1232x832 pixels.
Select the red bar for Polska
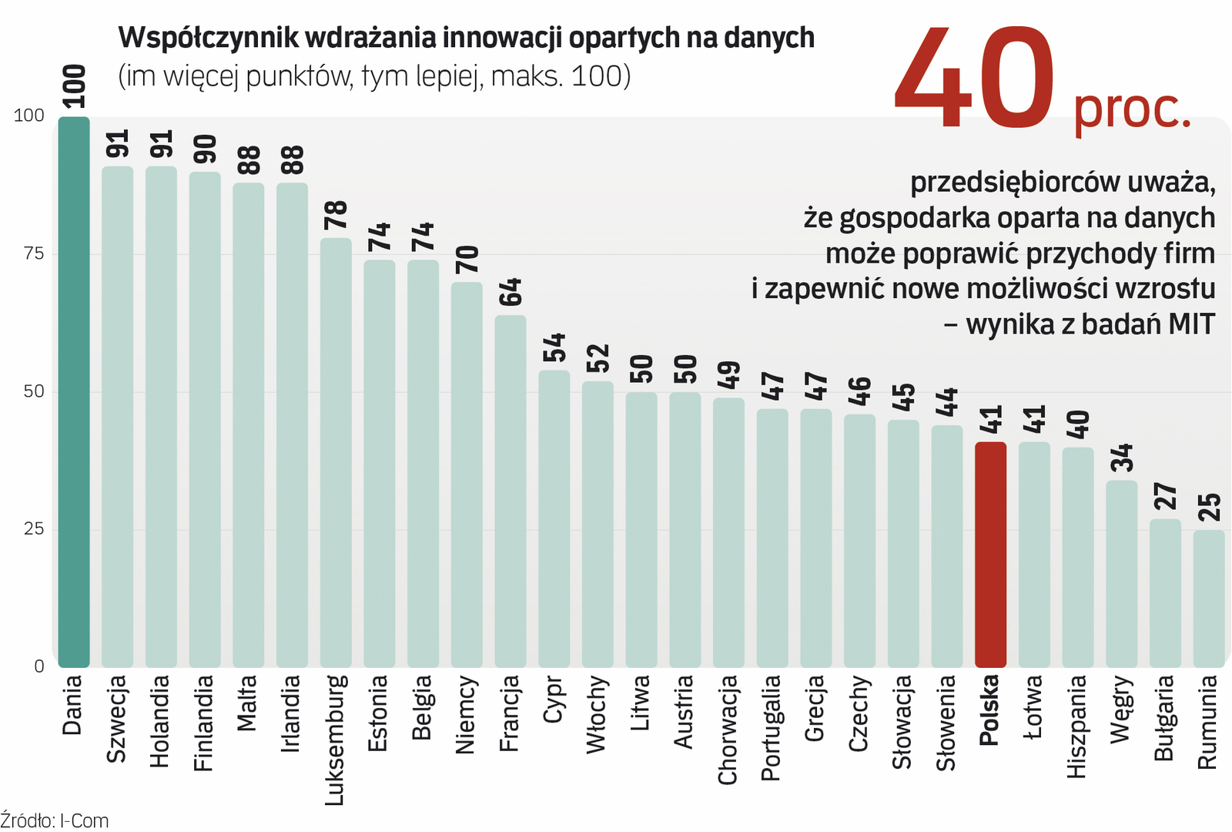(990, 554)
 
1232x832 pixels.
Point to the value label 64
(511, 292)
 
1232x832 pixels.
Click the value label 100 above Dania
(74, 86)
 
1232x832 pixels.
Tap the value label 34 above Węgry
(1122, 458)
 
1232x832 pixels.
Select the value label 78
(336, 215)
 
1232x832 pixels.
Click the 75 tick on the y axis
(34, 253)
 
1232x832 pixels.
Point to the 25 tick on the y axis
(34, 528)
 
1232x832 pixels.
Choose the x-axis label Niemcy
(466, 715)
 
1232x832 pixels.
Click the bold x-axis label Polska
(989, 710)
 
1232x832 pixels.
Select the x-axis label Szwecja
(116, 718)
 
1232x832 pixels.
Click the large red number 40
(974, 79)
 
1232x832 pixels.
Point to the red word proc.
(1132, 110)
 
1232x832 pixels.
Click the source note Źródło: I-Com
(54, 820)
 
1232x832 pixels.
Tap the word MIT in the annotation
(1190, 324)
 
